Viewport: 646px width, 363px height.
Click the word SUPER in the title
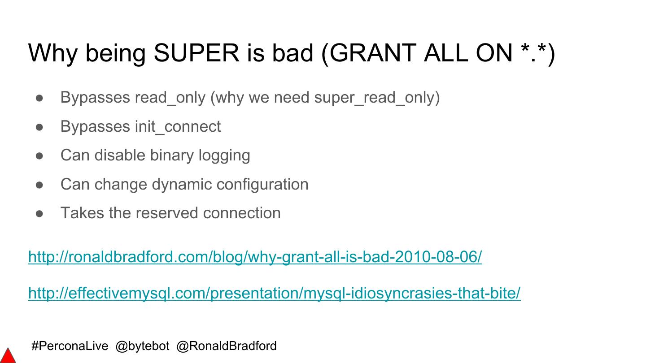[x=196, y=53]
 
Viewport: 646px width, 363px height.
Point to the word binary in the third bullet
[x=172, y=156]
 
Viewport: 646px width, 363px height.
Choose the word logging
[x=224, y=156]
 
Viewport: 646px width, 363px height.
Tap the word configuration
[x=262, y=184]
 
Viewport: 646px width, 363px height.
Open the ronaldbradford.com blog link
[x=255, y=257]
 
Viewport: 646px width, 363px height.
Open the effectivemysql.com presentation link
[x=274, y=293]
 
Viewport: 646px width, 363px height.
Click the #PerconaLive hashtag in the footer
[x=70, y=346]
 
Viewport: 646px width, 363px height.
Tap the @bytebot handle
[x=142, y=346]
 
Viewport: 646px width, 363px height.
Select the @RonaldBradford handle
[x=227, y=346]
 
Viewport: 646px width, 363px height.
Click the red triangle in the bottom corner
[x=8, y=357]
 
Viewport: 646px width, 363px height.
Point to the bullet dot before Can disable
[x=39, y=156]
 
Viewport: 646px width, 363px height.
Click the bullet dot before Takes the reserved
[x=39, y=213]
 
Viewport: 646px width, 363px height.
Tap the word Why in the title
[x=53, y=53]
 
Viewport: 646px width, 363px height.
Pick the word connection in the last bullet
[x=242, y=213]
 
